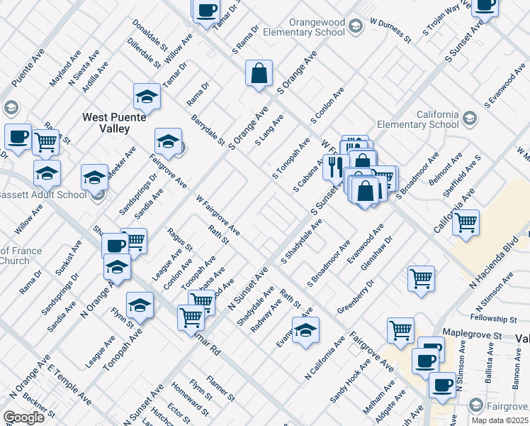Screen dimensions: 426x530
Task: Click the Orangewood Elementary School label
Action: pos(304,27)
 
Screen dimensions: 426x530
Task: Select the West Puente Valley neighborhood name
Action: pos(106,123)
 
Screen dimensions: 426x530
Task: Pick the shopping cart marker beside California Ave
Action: pos(466,222)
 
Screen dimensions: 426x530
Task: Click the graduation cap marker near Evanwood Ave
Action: pos(305,331)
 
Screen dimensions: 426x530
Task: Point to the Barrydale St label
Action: pos(206,127)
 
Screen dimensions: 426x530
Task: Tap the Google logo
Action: pos(23,417)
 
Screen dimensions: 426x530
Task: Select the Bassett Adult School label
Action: pos(43,195)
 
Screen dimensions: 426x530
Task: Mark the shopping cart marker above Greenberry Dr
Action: pos(421,278)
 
